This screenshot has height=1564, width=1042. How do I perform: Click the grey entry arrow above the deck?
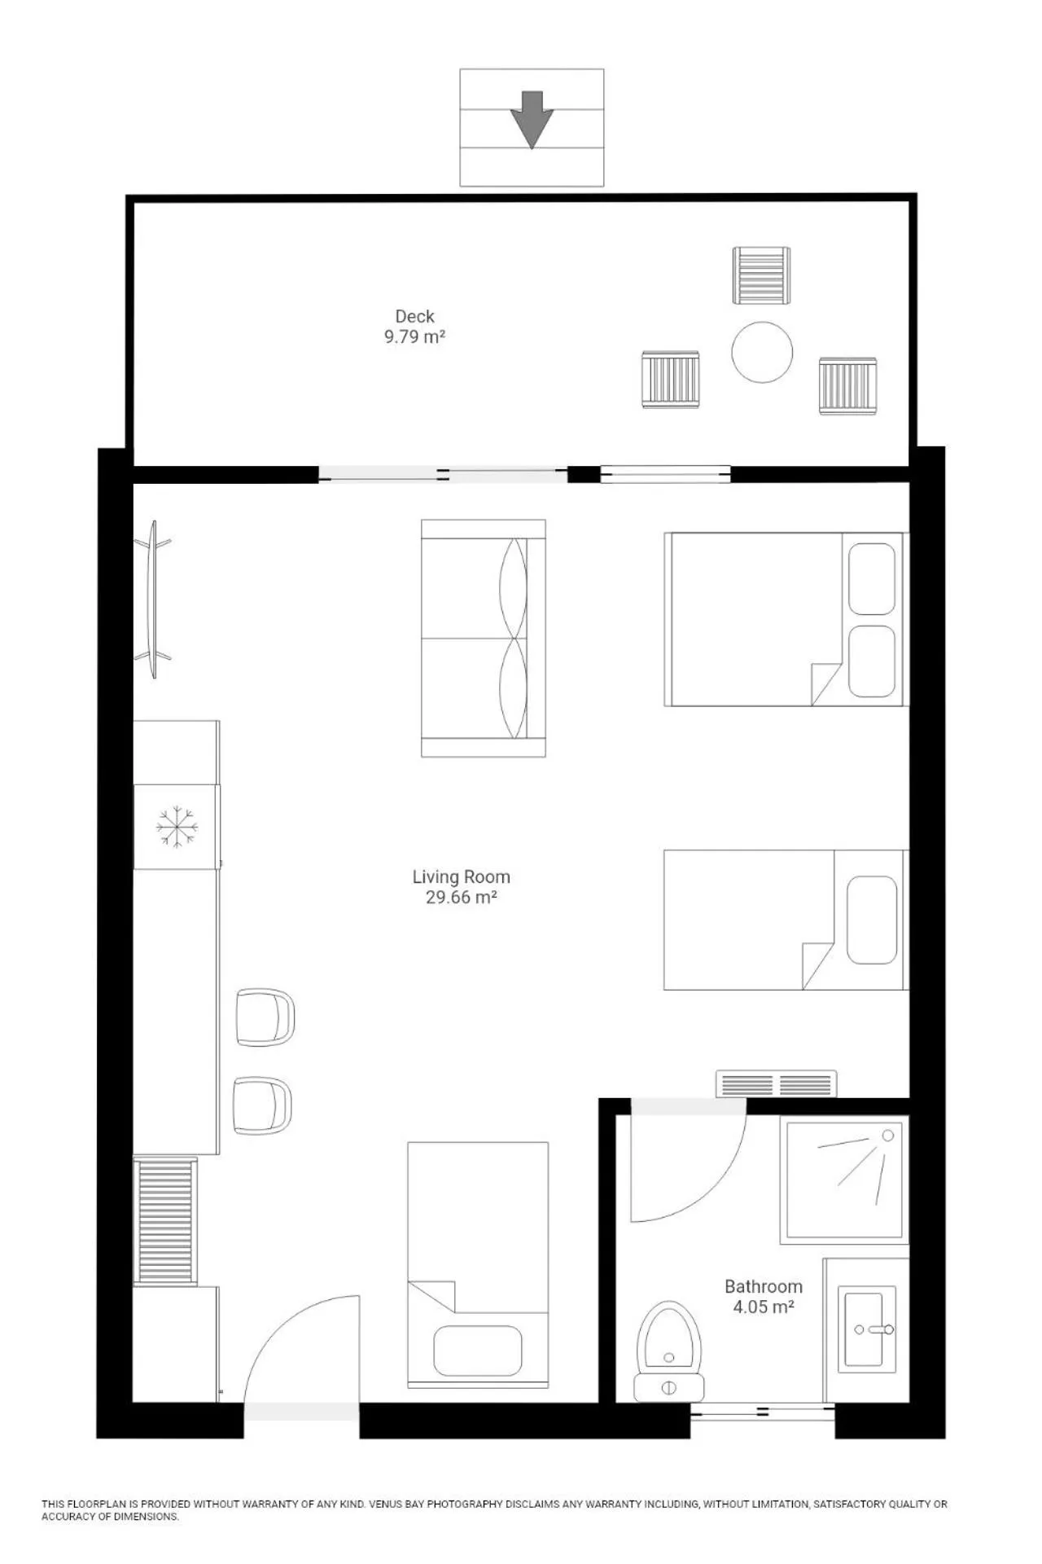click(x=532, y=119)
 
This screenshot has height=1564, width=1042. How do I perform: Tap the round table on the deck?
click(x=762, y=352)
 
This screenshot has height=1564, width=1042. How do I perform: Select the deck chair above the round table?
click(x=761, y=275)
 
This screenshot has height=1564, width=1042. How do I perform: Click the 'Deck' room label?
click(x=414, y=316)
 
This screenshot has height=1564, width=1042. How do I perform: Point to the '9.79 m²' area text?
click(x=414, y=336)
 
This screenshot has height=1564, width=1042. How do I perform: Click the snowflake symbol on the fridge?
click(x=177, y=826)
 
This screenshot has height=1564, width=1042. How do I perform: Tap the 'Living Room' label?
click(x=461, y=876)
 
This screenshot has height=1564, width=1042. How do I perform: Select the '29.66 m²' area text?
click(x=461, y=897)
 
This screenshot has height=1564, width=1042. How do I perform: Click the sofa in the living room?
click(x=484, y=638)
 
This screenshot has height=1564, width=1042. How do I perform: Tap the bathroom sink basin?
click(x=867, y=1329)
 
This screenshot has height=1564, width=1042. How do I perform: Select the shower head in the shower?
click(x=887, y=1136)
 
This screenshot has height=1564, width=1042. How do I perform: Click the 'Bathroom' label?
click(x=764, y=1286)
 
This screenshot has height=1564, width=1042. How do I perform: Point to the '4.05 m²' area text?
click(x=764, y=1307)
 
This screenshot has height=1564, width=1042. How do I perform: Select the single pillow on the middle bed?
click(x=872, y=920)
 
